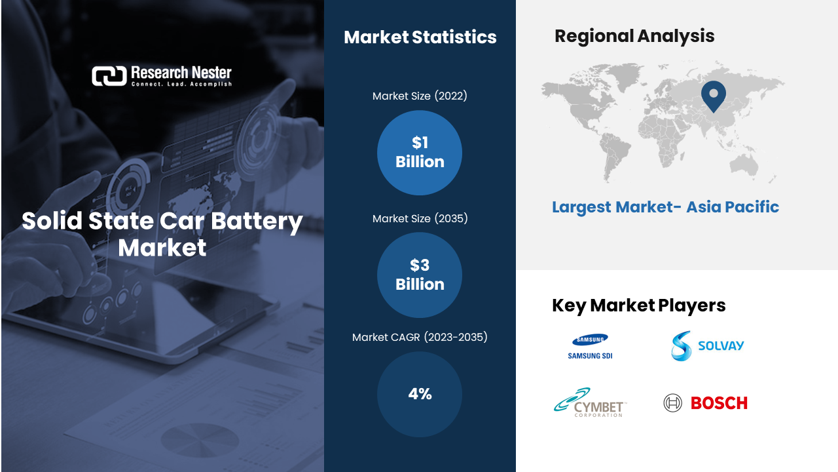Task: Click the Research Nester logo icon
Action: click(109, 76)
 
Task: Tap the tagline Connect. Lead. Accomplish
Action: click(181, 84)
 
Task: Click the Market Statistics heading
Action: click(420, 37)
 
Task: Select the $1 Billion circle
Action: click(420, 153)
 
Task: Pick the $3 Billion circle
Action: click(420, 275)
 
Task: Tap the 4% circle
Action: click(420, 394)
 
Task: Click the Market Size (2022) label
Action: click(420, 96)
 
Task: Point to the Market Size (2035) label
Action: click(420, 218)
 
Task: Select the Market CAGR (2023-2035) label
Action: click(420, 337)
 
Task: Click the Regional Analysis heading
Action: click(634, 36)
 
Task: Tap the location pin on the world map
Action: click(714, 96)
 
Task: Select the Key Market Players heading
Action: click(638, 305)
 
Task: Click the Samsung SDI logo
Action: click(590, 347)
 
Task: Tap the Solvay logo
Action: click(707, 345)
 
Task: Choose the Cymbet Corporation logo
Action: click(590, 403)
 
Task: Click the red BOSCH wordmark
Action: click(719, 403)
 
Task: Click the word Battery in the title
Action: click(257, 221)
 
